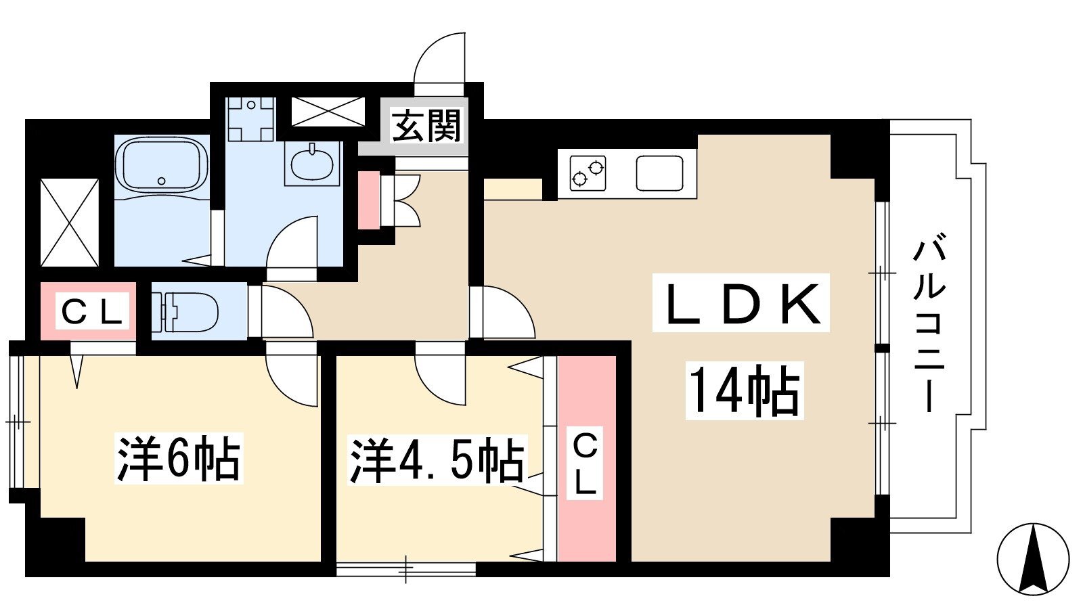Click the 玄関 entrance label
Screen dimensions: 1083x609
(426, 126)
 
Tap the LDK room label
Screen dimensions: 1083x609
(741, 303)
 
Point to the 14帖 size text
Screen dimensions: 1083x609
(745, 390)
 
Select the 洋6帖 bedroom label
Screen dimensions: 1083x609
(179, 459)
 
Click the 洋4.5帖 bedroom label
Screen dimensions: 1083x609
(437, 459)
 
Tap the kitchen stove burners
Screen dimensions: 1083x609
(588, 173)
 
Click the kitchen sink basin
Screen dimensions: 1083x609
(659, 173)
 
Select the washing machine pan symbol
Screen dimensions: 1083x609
(251, 119)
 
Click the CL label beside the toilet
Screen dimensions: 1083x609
(92, 311)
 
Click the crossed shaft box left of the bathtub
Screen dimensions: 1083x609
(70, 223)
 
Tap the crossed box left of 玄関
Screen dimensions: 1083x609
(328, 112)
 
